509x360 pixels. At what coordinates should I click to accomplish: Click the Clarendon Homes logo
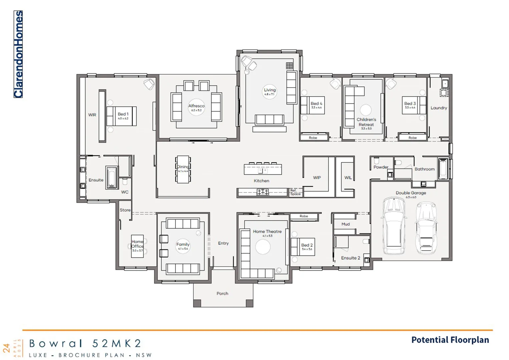click(18, 54)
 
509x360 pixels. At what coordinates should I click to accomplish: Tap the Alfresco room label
click(196, 106)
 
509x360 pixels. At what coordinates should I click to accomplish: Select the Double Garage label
click(411, 193)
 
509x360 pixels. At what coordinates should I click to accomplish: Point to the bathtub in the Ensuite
click(111, 177)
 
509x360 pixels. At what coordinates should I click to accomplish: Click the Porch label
click(222, 294)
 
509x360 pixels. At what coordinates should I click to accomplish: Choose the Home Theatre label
click(267, 231)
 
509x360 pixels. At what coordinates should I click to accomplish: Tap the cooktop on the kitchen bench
click(263, 192)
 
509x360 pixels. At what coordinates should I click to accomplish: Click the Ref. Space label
click(295, 192)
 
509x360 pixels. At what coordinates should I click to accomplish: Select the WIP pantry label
click(317, 178)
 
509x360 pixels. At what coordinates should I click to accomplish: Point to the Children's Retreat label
click(366, 122)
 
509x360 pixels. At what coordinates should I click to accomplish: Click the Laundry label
click(439, 108)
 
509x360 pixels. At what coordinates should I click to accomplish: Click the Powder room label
click(381, 167)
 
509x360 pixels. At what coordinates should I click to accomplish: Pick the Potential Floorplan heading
click(450, 340)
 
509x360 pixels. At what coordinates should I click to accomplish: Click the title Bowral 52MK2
click(85, 343)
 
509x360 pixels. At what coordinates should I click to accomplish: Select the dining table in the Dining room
click(183, 169)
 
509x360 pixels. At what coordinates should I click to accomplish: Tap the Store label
click(125, 210)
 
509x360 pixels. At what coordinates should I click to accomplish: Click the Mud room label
click(346, 224)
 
